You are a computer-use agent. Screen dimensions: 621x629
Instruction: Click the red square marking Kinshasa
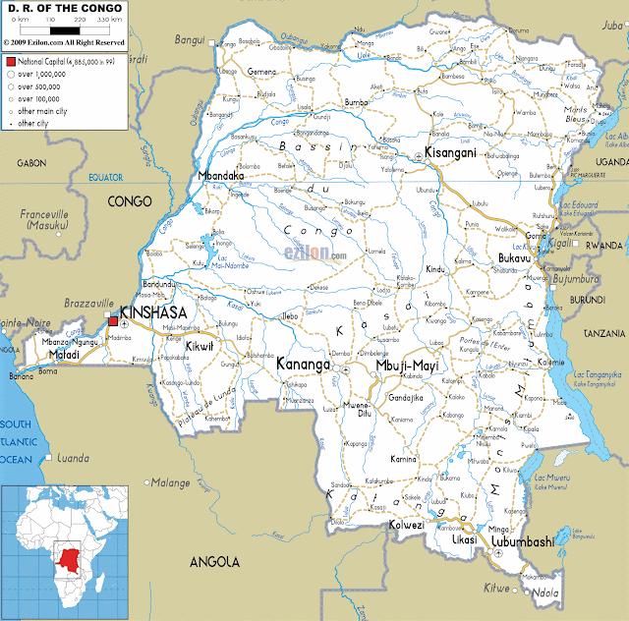point(112,320)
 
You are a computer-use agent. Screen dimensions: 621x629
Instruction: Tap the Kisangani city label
point(451,152)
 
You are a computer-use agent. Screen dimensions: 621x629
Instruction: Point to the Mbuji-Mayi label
point(407,367)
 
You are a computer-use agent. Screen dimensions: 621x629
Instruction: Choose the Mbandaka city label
point(222,176)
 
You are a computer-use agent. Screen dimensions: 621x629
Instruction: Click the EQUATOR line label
point(104,178)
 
